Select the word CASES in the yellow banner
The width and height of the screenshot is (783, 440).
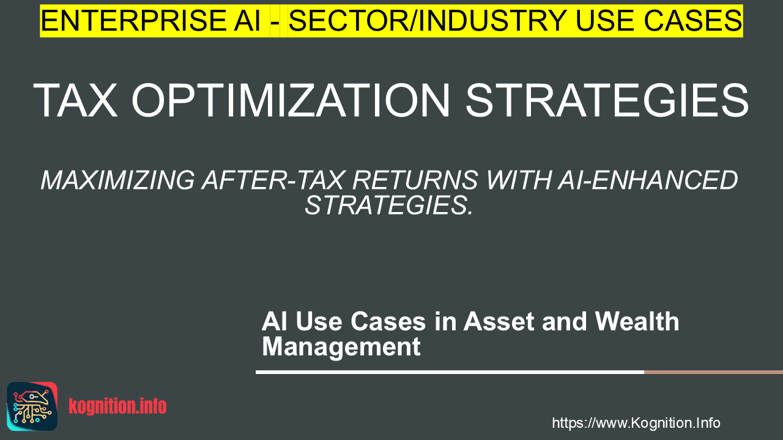coord(693,21)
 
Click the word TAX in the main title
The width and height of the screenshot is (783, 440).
coord(75,101)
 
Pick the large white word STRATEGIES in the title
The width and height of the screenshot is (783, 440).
coord(607,101)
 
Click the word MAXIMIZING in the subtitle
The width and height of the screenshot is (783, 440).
coord(118,180)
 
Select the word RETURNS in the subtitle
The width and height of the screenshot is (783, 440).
coord(415,180)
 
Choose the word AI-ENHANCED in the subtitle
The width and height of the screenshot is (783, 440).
coord(648,180)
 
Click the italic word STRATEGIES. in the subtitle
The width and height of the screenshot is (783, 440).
coord(388,205)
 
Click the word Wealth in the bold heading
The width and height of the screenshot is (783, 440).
coord(637,321)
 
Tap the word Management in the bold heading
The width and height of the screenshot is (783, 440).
coord(341,346)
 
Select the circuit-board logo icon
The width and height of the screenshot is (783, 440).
coord(32,406)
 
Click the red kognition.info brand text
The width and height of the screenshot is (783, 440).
coord(117,406)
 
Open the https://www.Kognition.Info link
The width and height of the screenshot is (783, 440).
coord(636,423)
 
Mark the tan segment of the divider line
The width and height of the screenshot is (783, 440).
coord(713,372)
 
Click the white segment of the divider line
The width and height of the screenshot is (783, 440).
coord(450,372)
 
